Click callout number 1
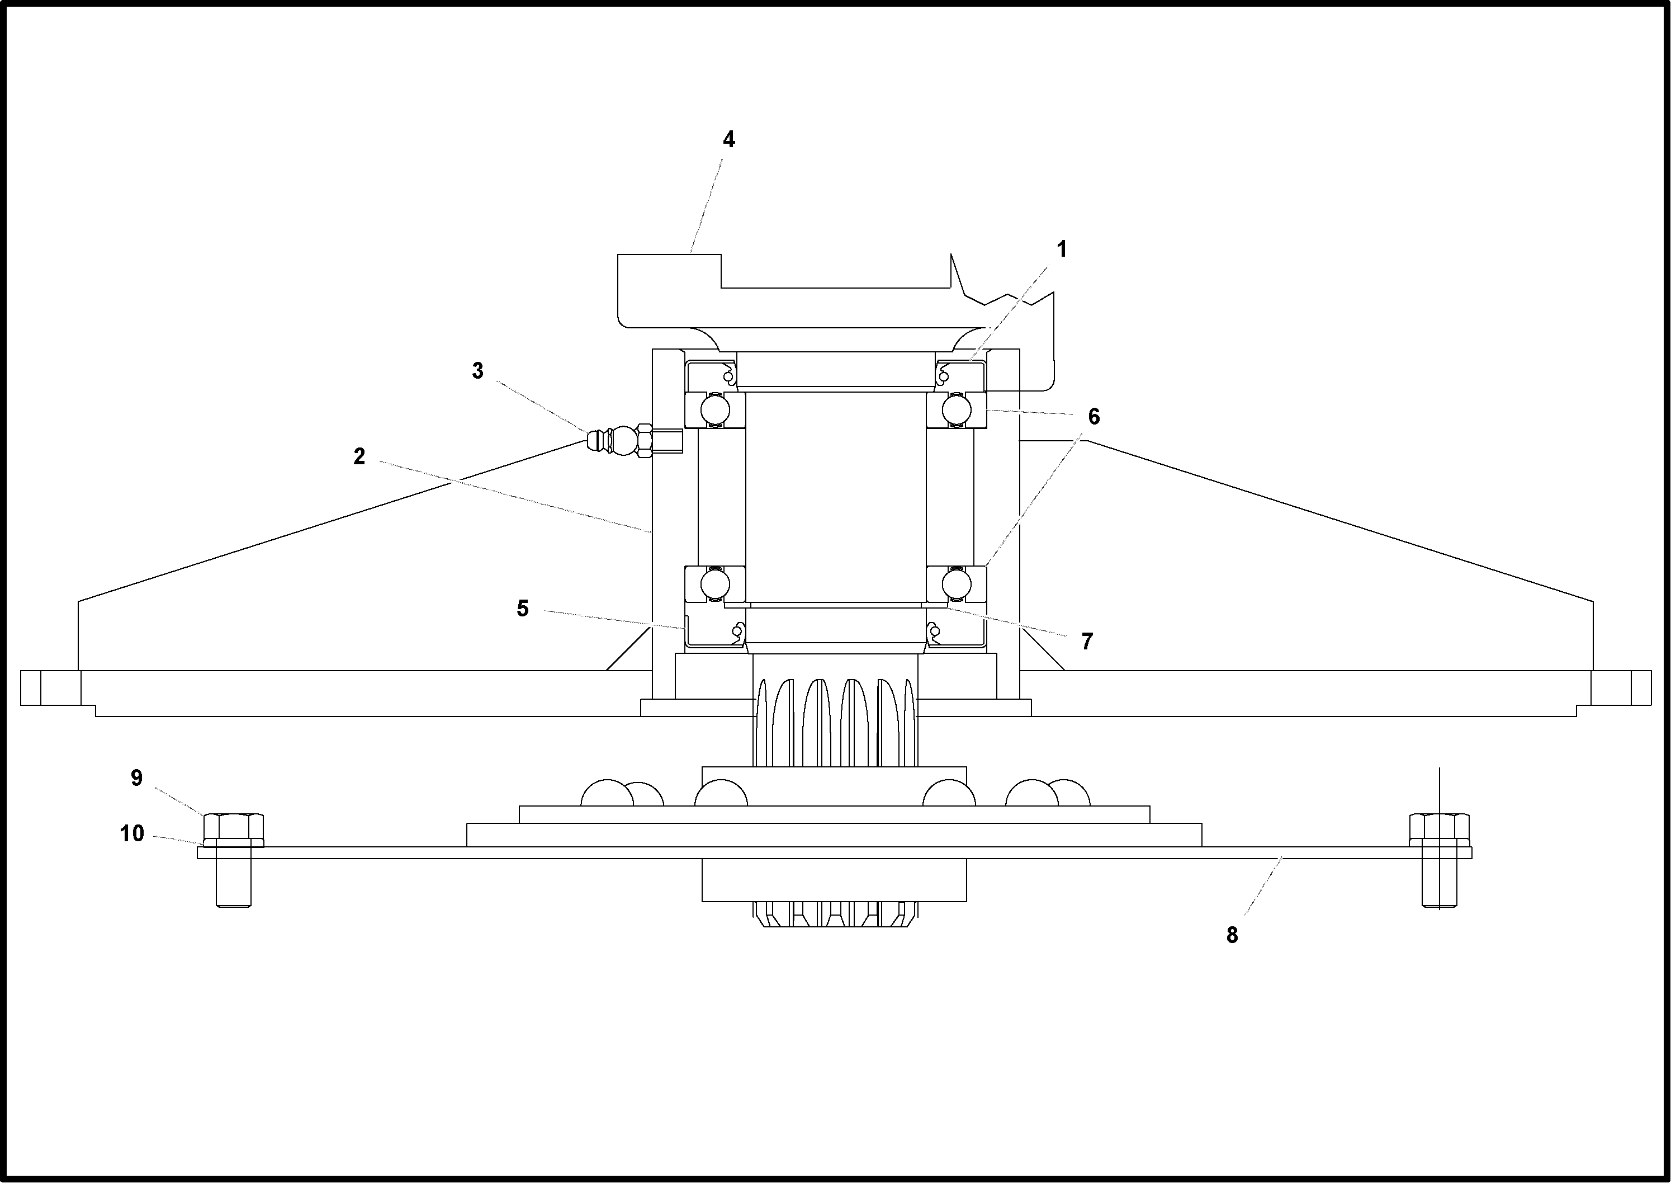(1062, 250)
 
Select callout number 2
(359, 457)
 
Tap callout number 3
(477, 371)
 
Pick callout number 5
(523, 608)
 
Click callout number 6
(1094, 417)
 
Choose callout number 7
(1087, 641)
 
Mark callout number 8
(1232, 935)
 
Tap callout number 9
(136, 778)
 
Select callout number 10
(132, 833)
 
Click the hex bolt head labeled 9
(233, 826)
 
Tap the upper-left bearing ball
(715, 409)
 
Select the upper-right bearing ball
(956, 409)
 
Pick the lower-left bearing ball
(715, 583)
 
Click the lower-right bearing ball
(956, 583)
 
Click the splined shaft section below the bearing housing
(835, 721)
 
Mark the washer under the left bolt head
(233, 843)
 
